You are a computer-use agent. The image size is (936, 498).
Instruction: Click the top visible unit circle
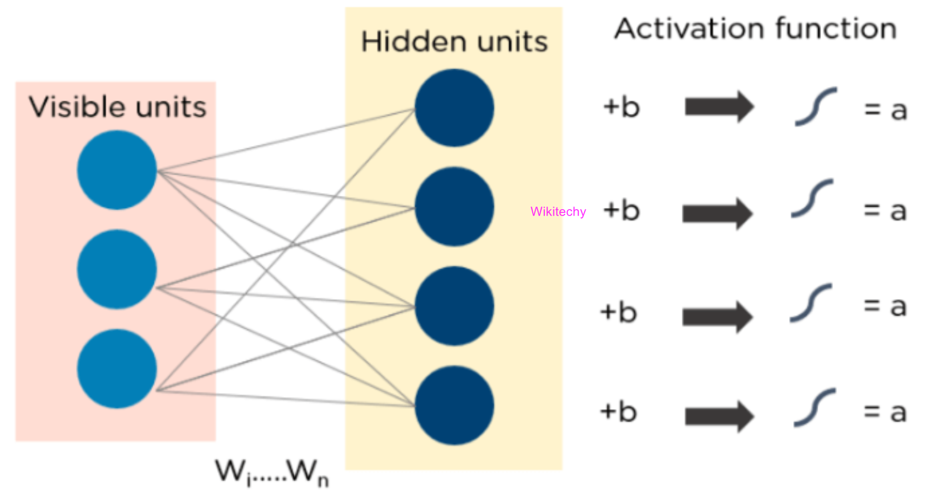(x=117, y=170)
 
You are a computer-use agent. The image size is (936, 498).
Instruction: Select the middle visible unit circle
(x=117, y=269)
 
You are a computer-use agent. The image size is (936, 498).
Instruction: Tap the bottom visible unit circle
(x=117, y=369)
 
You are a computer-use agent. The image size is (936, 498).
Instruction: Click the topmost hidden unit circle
(x=455, y=108)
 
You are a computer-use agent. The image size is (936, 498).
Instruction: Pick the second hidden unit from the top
(x=455, y=206)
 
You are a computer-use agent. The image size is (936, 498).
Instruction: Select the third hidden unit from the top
(x=455, y=306)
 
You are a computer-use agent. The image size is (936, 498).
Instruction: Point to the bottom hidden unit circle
(x=455, y=406)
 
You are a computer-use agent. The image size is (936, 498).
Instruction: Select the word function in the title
(x=836, y=29)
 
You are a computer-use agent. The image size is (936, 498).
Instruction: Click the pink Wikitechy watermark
(x=558, y=212)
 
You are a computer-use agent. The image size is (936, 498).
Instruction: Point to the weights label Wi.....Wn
(x=272, y=471)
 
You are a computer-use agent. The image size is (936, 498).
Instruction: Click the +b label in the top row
(x=622, y=107)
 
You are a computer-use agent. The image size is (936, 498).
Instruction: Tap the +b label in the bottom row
(x=618, y=412)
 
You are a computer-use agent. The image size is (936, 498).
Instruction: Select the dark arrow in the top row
(x=719, y=107)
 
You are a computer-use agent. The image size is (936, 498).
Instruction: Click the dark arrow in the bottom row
(x=719, y=416)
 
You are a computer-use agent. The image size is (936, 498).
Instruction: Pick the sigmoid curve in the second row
(x=812, y=199)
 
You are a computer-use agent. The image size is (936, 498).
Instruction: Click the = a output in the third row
(x=885, y=307)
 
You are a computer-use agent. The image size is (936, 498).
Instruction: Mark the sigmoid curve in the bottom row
(x=814, y=408)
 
